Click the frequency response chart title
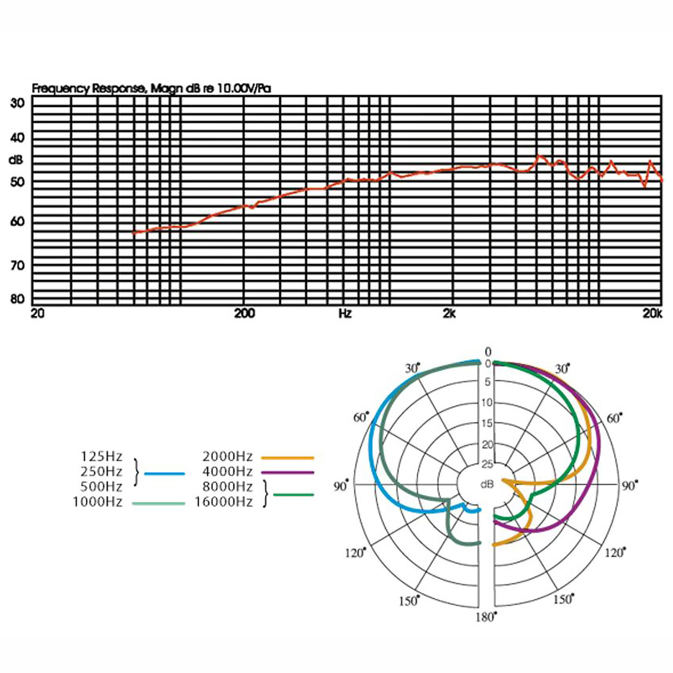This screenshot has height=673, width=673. point(151,89)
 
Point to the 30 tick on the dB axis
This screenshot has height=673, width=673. point(17,103)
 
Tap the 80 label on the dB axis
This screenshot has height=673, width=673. point(17,299)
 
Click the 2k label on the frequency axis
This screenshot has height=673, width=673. point(449,313)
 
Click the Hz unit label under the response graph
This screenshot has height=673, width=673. point(345,313)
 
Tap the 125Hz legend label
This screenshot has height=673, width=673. point(101,456)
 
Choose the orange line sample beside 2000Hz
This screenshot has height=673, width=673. point(288,458)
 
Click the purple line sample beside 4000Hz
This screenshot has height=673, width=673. point(288,473)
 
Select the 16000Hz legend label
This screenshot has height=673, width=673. point(224,502)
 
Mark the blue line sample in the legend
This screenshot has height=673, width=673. point(164,474)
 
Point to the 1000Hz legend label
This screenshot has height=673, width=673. point(98,502)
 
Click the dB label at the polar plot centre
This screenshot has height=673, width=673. point(487,484)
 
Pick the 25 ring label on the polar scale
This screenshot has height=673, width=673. point(487,464)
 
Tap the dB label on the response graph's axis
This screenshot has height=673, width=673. point(16,160)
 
